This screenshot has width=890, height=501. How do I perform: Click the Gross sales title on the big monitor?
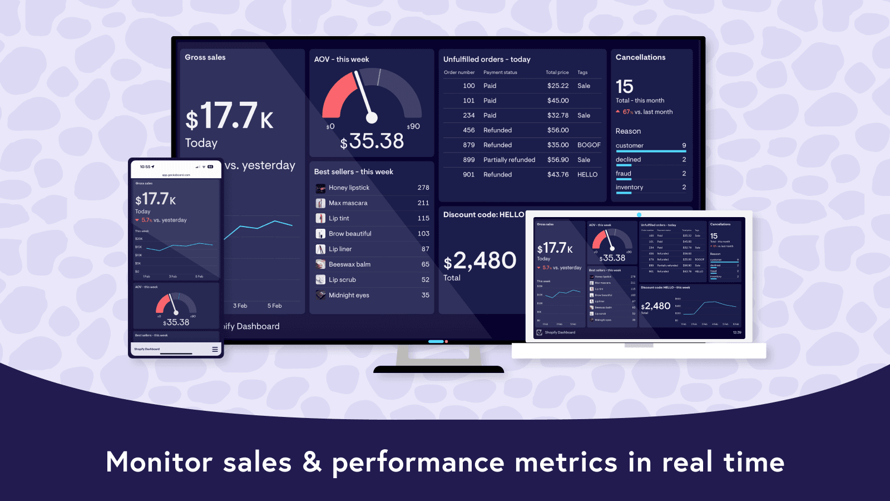click(205, 57)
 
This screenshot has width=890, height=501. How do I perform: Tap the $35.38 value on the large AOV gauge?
click(372, 141)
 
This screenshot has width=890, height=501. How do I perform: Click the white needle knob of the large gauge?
click(372, 117)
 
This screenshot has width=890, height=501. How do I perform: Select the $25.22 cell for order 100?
click(557, 86)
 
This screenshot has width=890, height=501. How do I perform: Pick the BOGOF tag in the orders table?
click(589, 145)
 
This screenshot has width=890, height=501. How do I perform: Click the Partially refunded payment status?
click(509, 160)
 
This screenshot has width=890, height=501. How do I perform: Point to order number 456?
click(468, 130)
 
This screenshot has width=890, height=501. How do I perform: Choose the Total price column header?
click(557, 72)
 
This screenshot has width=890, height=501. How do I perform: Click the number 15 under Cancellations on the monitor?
click(624, 87)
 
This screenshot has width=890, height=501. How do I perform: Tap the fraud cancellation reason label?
click(623, 174)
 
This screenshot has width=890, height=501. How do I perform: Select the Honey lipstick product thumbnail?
click(321, 188)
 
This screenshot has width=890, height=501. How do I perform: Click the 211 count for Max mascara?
click(423, 203)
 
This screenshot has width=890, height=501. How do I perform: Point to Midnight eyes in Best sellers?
click(349, 296)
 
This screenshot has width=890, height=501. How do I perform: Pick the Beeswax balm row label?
click(349, 264)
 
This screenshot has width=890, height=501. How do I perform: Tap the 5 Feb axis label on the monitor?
click(274, 306)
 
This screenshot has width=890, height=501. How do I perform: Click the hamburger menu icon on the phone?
click(215, 350)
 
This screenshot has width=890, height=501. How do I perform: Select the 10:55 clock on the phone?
click(146, 167)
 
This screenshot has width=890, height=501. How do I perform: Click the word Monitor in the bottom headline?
click(159, 462)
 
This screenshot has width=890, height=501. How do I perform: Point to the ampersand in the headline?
click(311, 462)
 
